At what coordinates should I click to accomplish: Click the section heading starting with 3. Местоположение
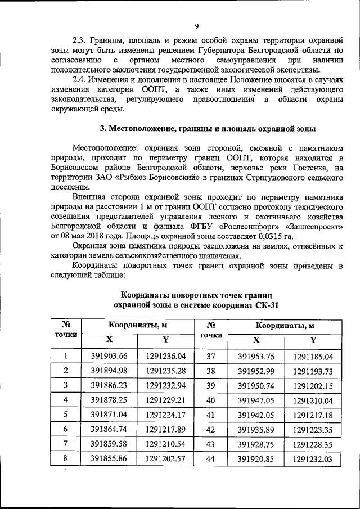tap(208, 128)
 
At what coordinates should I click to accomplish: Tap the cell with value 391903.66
tap(110, 355)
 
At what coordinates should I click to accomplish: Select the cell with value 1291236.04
tap(165, 355)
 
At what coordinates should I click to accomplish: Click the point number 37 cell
tap(212, 355)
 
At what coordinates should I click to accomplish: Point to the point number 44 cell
tap(212, 458)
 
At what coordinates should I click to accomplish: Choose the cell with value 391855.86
tap(110, 458)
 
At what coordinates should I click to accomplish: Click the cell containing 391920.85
tap(257, 458)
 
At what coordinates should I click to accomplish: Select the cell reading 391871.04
tap(110, 414)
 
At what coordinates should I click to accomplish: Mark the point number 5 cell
tap(66, 414)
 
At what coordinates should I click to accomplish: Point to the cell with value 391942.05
tap(257, 414)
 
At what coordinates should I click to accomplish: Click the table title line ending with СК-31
tap(196, 305)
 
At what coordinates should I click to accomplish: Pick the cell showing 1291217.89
tap(165, 429)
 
